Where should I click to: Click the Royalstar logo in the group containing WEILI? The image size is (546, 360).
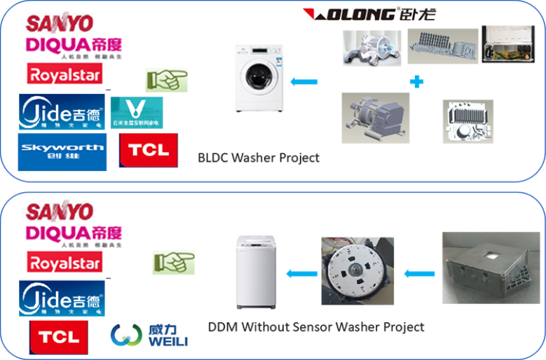(64, 262)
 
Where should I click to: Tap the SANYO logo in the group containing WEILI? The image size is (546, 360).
(59, 211)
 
